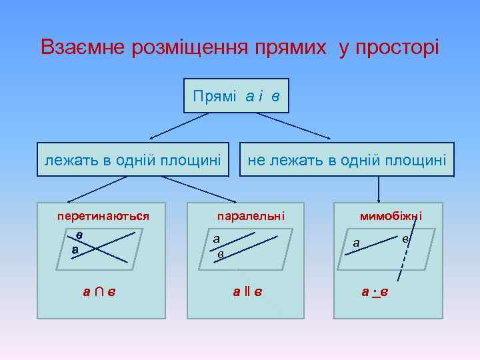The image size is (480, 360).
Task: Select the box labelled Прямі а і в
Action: pos(236,96)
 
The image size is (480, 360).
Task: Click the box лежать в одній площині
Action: pos(133,159)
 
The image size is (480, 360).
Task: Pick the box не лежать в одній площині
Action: pos(347,159)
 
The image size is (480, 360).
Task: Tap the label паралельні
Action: pos(251,216)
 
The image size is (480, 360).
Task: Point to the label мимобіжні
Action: pos(391,216)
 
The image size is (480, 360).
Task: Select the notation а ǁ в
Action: pos(247,291)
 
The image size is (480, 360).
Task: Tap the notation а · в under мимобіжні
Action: pos(375,291)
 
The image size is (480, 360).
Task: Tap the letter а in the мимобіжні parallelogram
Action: pos(357,243)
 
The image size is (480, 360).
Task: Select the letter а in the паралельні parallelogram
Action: pos(217,238)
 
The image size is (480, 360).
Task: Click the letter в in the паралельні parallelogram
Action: pos(221,254)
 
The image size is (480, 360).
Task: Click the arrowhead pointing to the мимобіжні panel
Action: pos(379,199)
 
